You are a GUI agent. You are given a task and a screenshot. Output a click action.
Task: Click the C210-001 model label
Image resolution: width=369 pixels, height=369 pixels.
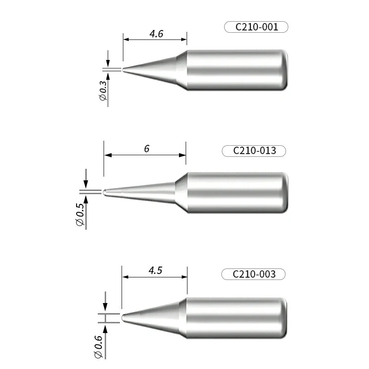(x=256, y=27)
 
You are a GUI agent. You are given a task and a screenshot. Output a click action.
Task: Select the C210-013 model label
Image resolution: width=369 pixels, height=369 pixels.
(x=254, y=151)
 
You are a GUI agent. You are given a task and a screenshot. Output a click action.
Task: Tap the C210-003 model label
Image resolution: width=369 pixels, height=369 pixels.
(x=254, y=274)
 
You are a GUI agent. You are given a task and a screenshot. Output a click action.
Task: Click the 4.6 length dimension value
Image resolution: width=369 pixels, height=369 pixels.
(x=156, y=34)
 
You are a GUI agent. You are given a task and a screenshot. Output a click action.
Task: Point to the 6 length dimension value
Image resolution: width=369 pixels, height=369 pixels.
(x=146, y=149)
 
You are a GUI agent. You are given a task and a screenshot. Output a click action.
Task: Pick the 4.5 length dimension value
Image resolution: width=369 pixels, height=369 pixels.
(x=155, y=271)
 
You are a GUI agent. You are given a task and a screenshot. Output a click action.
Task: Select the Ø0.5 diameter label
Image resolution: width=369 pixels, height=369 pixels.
(x=80, y=214)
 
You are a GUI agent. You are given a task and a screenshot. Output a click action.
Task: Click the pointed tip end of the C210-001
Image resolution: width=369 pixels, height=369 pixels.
(x=124, y=70)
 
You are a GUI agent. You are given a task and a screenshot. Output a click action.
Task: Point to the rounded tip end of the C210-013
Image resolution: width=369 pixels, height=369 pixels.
(x=105, y=192)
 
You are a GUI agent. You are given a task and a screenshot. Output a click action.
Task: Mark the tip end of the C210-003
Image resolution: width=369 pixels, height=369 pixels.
(x=123, y=317)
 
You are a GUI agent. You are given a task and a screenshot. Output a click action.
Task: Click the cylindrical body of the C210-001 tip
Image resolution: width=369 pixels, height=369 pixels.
(x=238, y=70)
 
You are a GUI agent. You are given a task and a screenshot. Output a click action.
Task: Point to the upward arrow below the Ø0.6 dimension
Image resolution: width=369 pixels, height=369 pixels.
(x=105, y=328)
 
